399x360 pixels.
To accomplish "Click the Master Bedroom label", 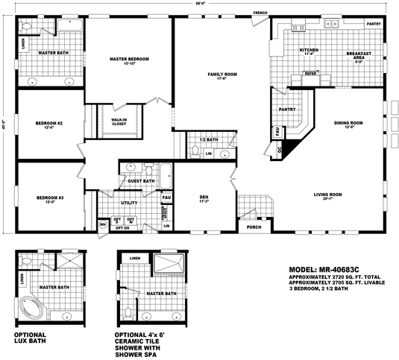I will point(130,59).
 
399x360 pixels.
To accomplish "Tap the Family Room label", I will point(222,75).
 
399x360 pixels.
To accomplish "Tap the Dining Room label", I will point(348,123).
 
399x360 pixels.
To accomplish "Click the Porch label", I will point(254,227).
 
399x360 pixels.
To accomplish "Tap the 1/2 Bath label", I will point(209,140).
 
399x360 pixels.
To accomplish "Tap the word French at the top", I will point(260,13).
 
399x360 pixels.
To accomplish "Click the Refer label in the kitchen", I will point(310,74).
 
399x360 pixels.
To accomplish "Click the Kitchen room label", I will point(309,50).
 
